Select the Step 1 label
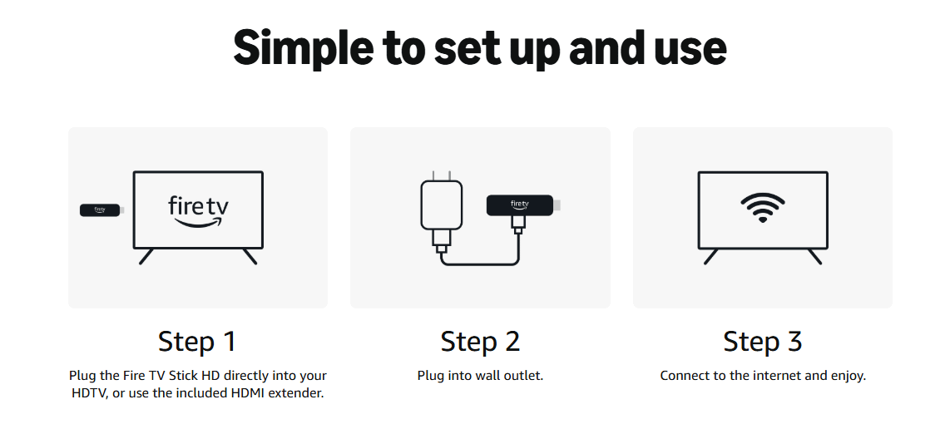(196, 342)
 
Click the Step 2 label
(480, 342)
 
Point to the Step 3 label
(762, 342)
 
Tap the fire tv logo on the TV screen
(198, 212)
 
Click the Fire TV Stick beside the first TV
(102, 210)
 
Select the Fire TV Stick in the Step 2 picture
(523, 205)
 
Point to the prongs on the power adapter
(441, 175)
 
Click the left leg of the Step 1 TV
(146, 256)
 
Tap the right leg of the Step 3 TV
(814, 256)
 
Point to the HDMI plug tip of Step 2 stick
(557, 205)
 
